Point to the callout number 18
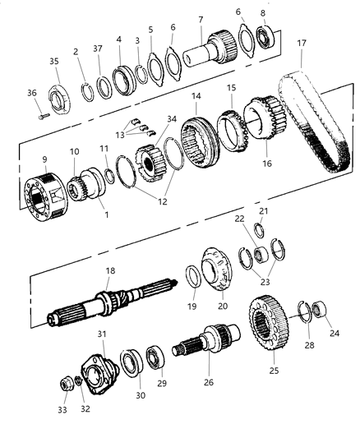pyautogui.click(x=109, y=270)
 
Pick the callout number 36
pyautogui.click(x=32, y=93)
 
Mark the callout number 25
pyautogui.click(x=273, y=371)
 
